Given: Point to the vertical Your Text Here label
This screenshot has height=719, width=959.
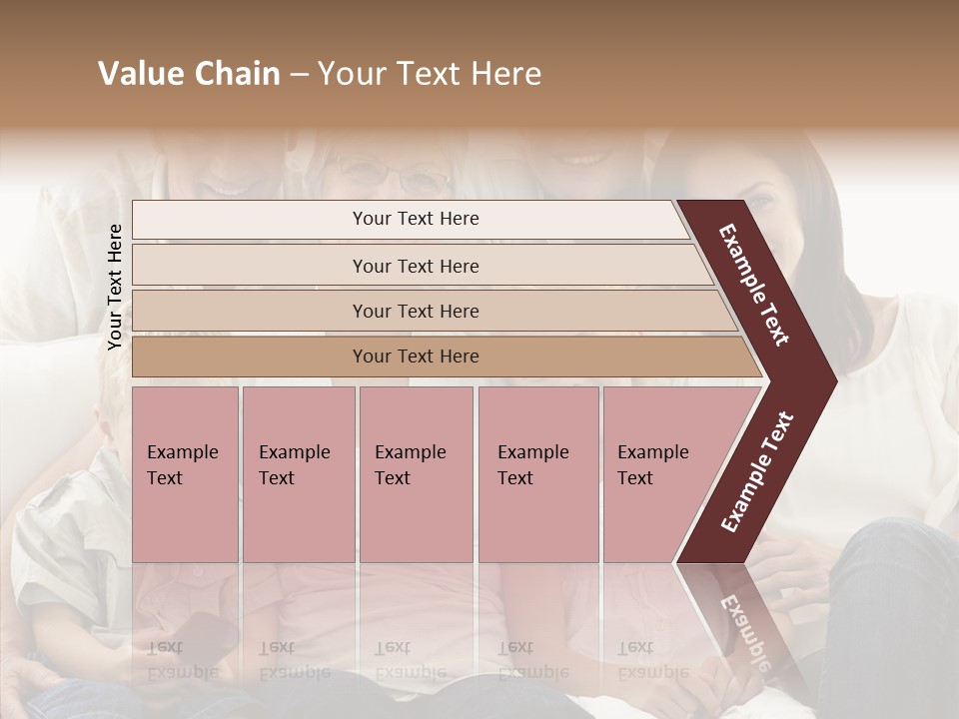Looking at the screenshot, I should [115, 287].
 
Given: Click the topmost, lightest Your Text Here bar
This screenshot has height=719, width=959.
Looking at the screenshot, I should [415, 219].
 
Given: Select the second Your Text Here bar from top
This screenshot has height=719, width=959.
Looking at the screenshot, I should [415, 266].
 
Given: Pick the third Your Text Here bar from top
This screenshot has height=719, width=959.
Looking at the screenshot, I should [415, 311].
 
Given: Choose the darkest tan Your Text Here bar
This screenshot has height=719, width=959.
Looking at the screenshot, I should [415, 357].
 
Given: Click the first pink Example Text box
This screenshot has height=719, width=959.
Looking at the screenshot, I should [185, 473].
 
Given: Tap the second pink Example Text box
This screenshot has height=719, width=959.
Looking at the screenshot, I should [298, 473].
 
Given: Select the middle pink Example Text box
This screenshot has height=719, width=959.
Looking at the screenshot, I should [416, 473].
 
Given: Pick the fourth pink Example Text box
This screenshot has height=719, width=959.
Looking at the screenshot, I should [537, 473].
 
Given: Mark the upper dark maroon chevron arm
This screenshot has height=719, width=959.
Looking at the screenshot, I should [754, 285].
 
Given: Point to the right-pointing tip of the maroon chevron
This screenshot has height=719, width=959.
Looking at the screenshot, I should [831, 380].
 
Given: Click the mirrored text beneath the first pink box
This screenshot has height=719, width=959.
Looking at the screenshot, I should [182, 660].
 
